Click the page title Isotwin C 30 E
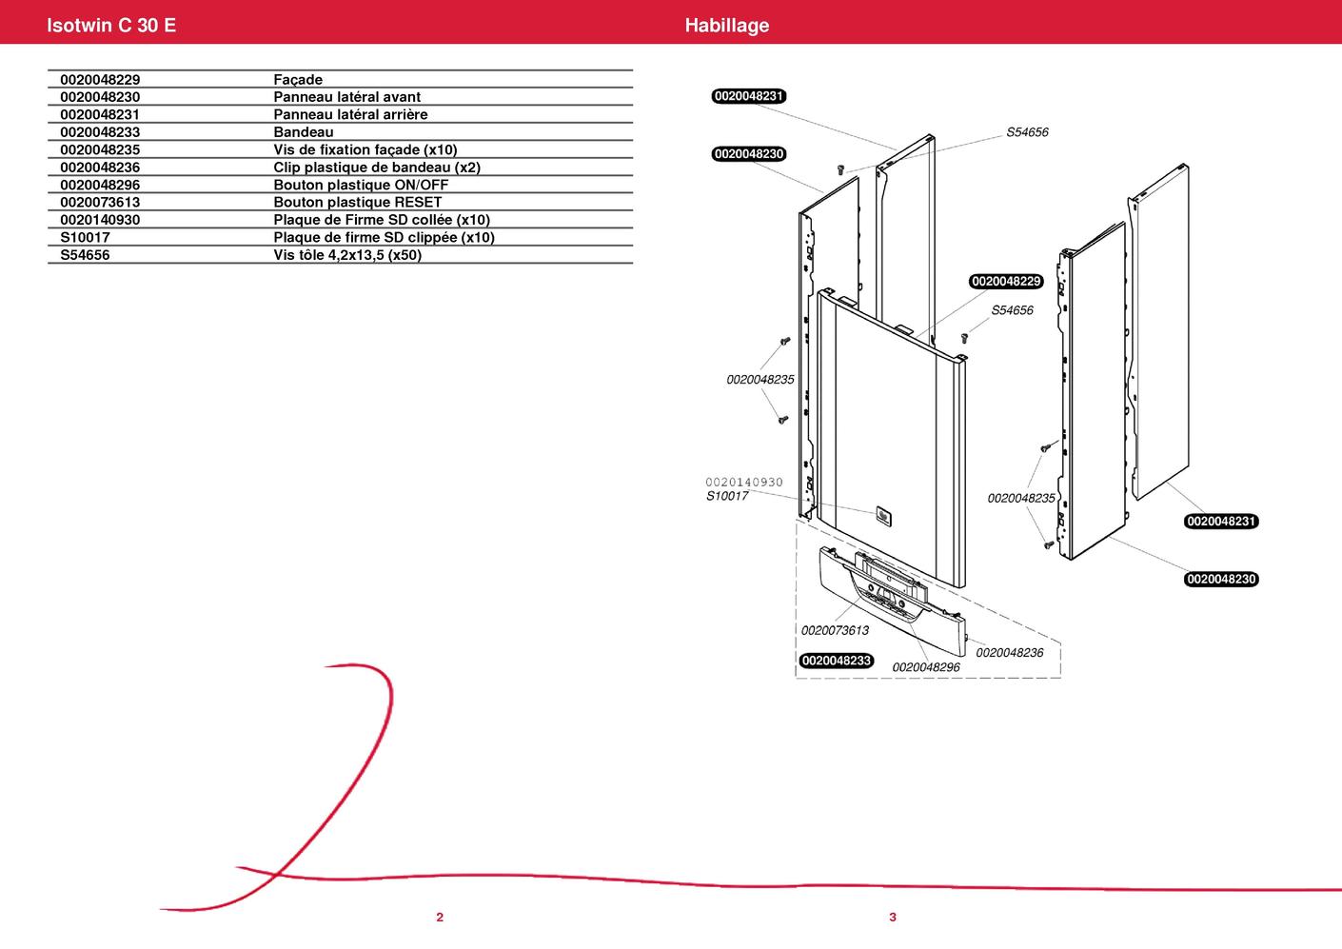coord(111,26)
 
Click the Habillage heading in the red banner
coord(726,26)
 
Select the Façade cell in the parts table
coord(298,80)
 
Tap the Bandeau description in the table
coord(304,132)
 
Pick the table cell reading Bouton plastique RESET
coord(357,202)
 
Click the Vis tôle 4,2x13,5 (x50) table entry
coord(347,255)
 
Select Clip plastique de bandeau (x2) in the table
coord(377,168)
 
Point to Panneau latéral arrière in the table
coord(350,114)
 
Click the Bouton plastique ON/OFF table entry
coord(361,185)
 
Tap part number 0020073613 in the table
coord(100,202)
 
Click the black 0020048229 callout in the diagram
coord(1006,282)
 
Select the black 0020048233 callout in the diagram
coord(837,661)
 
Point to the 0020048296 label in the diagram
coord(926,667)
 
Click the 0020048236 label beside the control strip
coord(1009,653)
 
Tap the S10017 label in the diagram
coord(727,496)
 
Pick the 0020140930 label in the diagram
coord(744,483)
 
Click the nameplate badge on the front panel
coord(882,515)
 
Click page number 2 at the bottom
coord(440,918)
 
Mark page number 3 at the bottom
coord(893,918)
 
